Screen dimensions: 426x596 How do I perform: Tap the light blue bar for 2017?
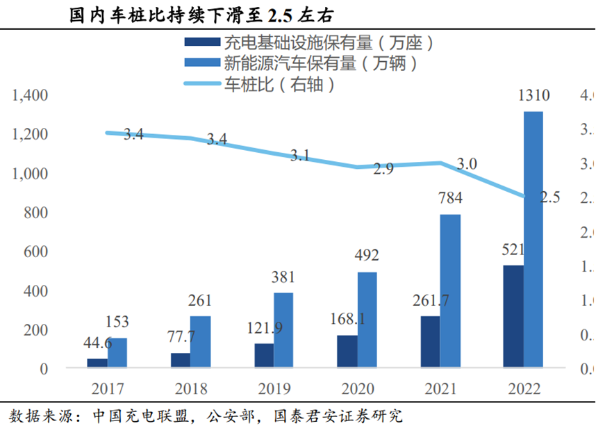pos(117,352)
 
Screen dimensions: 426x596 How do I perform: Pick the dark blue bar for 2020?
pos(347,351)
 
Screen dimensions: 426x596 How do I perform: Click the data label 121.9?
pos(265,327)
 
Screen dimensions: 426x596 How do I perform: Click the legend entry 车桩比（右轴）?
pos(281,85)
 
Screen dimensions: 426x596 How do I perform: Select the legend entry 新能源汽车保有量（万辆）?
pos(320,65)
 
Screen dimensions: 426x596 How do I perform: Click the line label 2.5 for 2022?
pos(549,197)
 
